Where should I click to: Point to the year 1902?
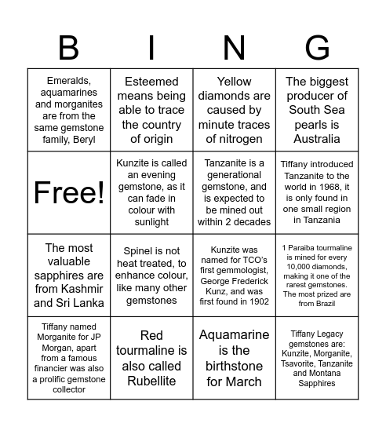pyautogui.click(x=257, y=301)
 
